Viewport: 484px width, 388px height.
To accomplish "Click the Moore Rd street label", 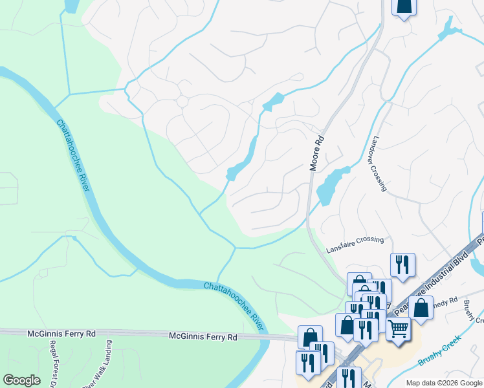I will point(316,153).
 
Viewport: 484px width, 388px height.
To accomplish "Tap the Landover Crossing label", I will point(379,164).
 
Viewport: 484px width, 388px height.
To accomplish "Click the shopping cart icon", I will point(398,329).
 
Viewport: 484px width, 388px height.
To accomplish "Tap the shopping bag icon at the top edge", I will point(404,6).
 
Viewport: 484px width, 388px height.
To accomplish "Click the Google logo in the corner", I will point(21,380).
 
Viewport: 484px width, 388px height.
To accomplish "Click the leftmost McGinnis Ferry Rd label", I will point(61,334).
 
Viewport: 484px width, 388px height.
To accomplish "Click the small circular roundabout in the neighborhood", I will point(182,102).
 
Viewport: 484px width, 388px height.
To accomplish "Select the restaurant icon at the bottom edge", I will point(350,377).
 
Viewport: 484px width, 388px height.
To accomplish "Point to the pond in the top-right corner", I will point(446,28).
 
